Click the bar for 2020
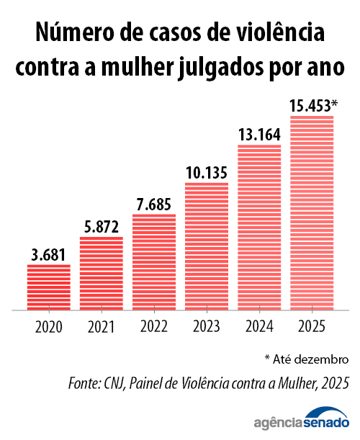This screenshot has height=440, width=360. pyautogui.click(x=49, y=287)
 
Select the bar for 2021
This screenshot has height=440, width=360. pyautogui.click(x=102, y=274)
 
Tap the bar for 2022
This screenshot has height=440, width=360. pyautogui.click(x=154, y=262)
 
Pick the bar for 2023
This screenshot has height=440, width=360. pyautogui.click(x=207, y=246)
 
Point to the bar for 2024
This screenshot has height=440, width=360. pyautogui.click(x=259, y=228)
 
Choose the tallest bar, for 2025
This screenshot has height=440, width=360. pyautogui.click(x=312, y=213)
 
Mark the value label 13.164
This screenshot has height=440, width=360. pyautogui.click(x=259, y=135)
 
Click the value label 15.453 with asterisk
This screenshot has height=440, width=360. pyautogui.click(x=313, y=106)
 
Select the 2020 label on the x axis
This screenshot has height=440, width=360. pyautogui.click(x=49, y=326)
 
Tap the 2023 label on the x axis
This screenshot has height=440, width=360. pyautogui.click(x=207, y=326)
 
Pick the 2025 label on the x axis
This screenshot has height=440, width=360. pyautogui.click(x=312, y=326)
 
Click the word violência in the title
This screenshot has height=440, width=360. pyautogui.click(x=270, y=33)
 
